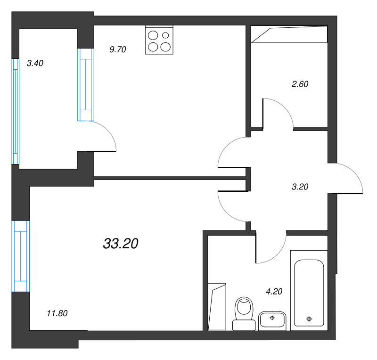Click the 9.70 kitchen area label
click(117, 49)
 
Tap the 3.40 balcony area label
click(35, 63)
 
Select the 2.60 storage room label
click(300, 84)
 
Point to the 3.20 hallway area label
click(300, 187)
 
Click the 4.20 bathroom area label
click(274, 292)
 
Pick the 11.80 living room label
click(57, 313)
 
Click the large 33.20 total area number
click(121, 243)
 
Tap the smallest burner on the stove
click(165, 35)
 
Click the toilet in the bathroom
click(244, 313)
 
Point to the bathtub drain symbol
click(309, 319)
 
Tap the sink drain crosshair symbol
click(272, 318)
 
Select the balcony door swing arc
click(108, 131)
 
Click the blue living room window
click(21, 256)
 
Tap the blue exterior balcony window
click(16, 112)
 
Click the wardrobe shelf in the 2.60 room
click(289, 34)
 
